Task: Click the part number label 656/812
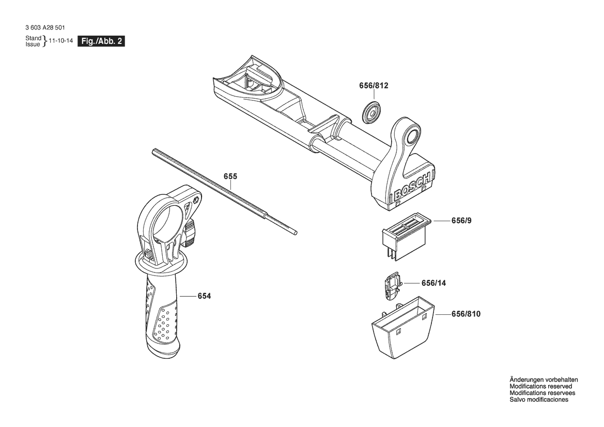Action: [374, 85]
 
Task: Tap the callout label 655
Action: [230, 176]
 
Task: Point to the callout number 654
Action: [204, 296]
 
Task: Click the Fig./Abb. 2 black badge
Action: [101, 42]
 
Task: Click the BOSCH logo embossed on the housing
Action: [412, 189]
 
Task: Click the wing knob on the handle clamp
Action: [190, 232]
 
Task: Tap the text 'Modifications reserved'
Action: [540, 386]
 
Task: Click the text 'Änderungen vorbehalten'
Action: [544, 379]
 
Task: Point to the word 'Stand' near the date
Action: [34, 39]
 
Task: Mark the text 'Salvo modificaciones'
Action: [539, 400]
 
